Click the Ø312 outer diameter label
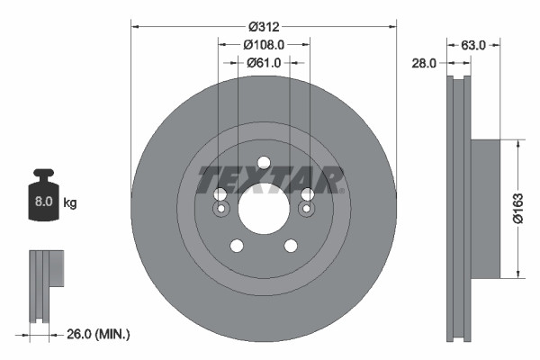pos(263,26)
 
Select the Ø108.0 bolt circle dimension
pos(264,44)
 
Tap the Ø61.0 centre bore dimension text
pos(264,62)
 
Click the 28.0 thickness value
pos(426,63)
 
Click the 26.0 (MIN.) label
pos(99,334)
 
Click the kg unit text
pos(70,203)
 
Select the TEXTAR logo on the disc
pos(270,180)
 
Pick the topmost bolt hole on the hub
pos(263,164)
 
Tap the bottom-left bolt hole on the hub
pos(236,246)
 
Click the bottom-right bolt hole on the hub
pos(291,246)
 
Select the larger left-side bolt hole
pos(220,194)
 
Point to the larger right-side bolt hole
pos(307,194)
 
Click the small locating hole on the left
pos(220,211)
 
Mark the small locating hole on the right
pos(307,211)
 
